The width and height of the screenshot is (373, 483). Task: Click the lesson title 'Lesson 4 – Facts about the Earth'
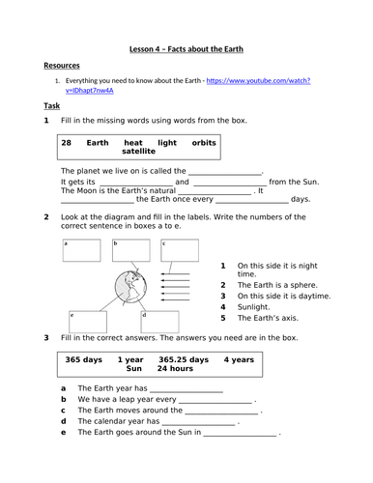pos(186,47)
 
